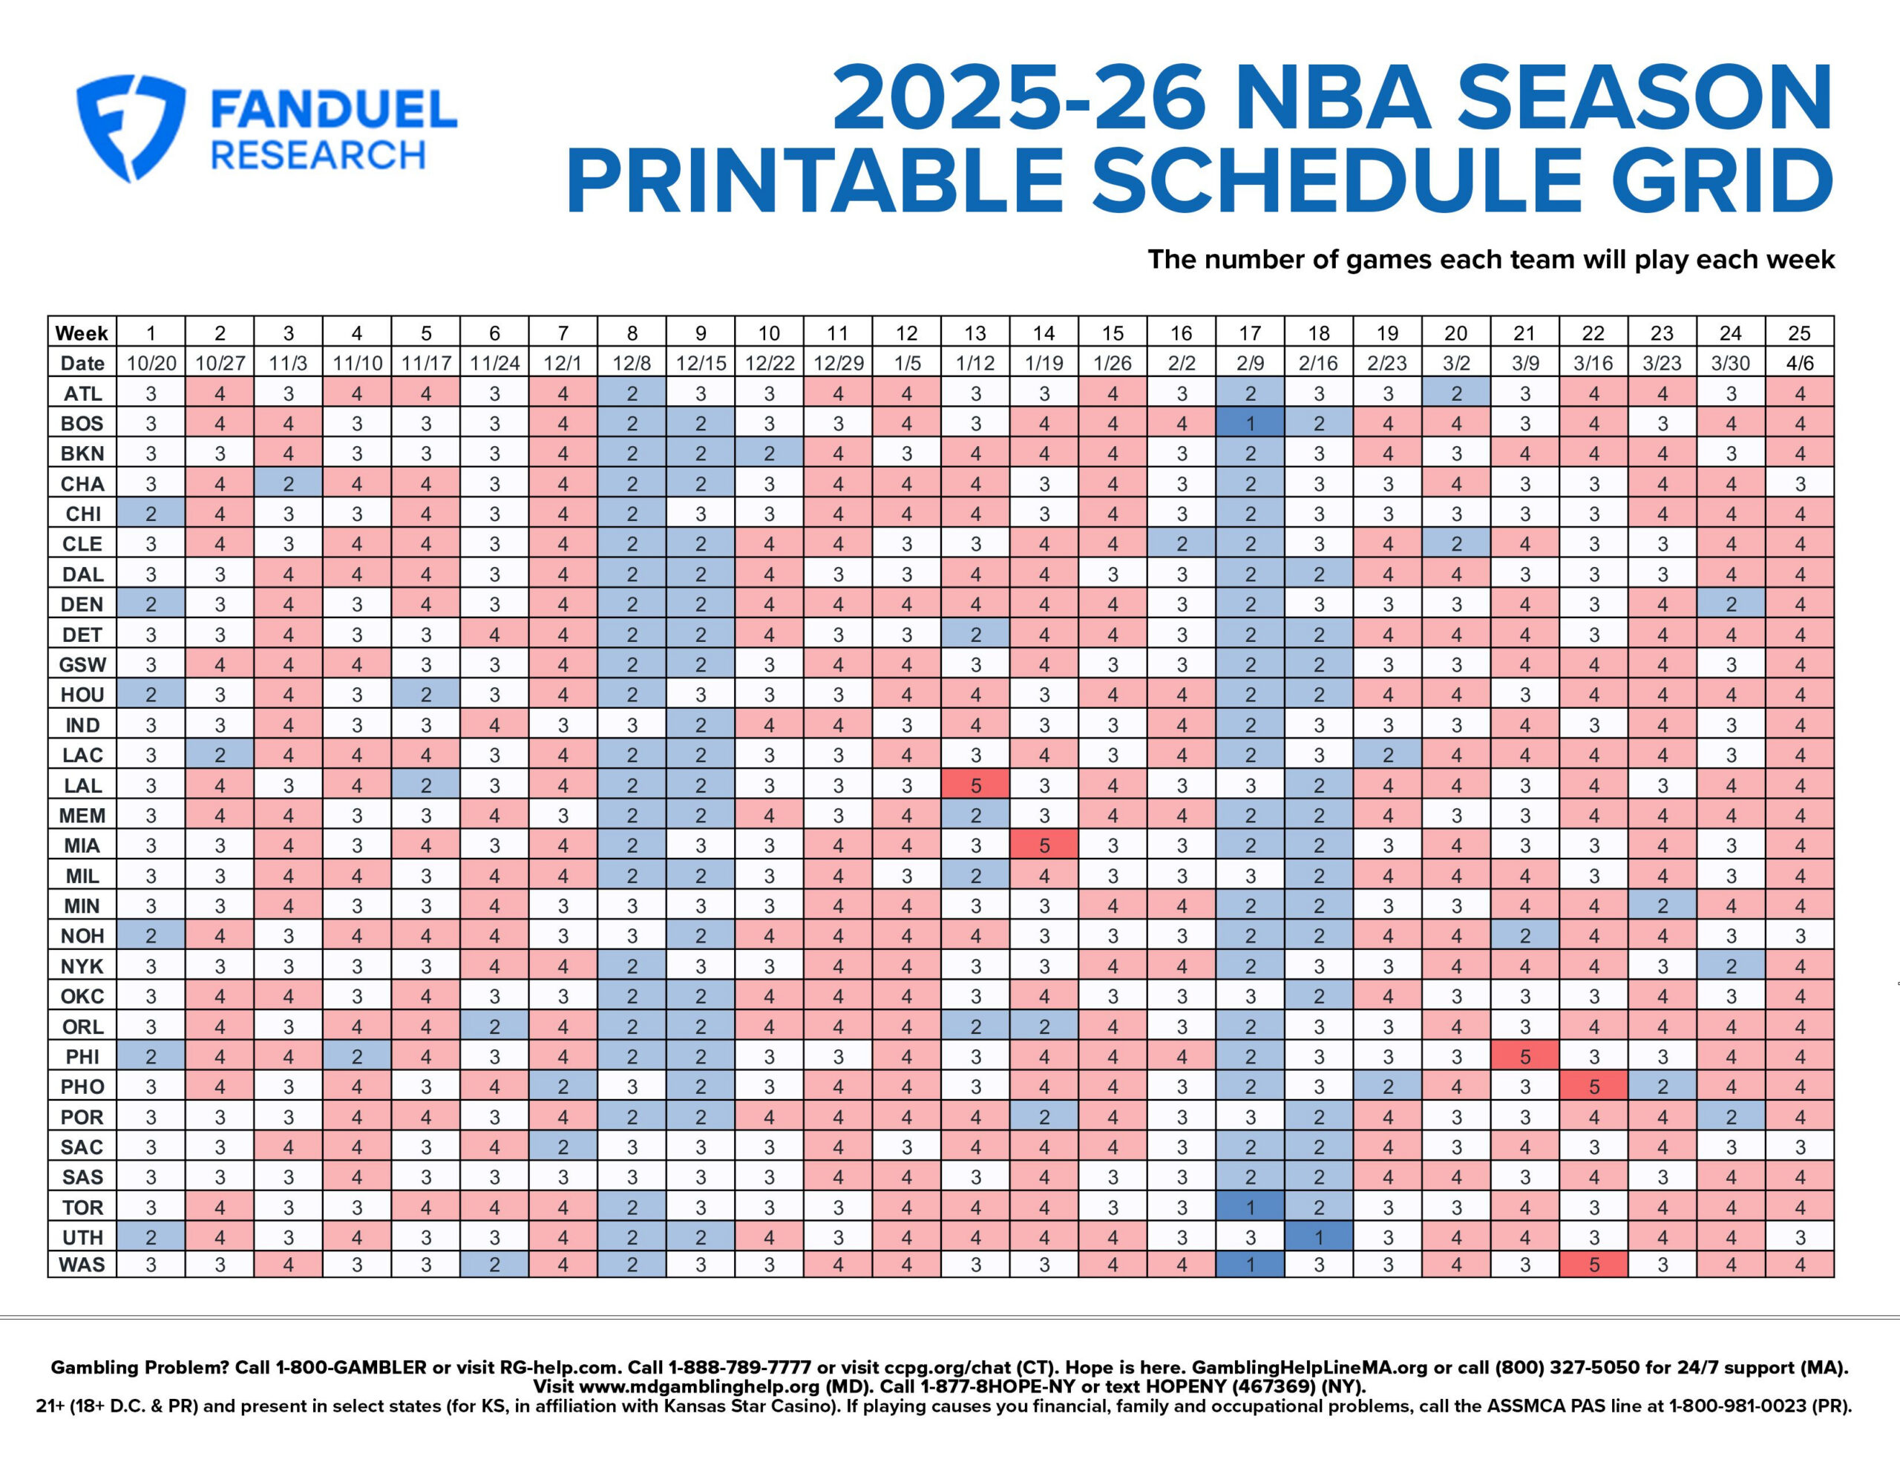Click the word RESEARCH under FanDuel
(318, 156)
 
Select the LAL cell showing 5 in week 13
(975, 785)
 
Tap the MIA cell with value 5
(1044, 845)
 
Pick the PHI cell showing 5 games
(1524, 1056)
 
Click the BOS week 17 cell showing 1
(1250, 423)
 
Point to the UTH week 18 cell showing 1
(1319, 1236)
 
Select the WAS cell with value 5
(1593, 1265)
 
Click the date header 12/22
(769, 363)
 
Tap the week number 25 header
(1799, 332)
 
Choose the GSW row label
(82, 665)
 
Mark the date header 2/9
(1250, 363)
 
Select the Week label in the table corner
(82, 332)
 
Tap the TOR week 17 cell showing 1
(1250, 1207)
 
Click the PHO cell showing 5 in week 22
(1593, 1086)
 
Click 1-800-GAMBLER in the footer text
(350, 1367)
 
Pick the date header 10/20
(151, 363)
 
